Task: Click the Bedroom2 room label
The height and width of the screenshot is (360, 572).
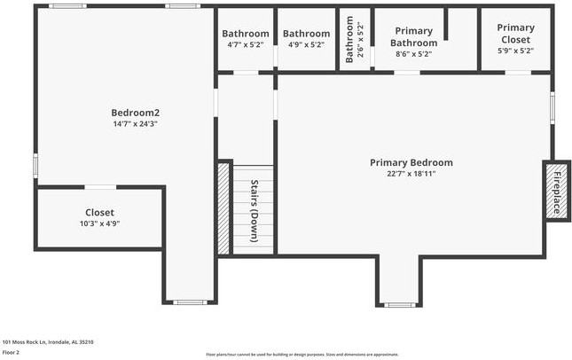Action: point(135,113)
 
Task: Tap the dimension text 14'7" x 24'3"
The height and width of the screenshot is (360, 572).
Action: point(135,124)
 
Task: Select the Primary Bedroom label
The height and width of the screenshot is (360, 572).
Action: point(411,162)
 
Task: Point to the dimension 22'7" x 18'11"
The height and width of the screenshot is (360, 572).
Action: point(411,174)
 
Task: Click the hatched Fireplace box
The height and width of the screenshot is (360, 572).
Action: point(556,190)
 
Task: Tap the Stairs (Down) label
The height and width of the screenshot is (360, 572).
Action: point(254,211)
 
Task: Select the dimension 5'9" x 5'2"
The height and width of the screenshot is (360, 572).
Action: point(515,51)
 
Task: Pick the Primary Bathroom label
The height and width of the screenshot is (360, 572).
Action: point(413,37)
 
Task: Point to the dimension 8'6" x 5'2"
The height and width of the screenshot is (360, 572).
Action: point(413,54)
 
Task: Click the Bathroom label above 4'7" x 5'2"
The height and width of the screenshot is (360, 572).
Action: point(245,34)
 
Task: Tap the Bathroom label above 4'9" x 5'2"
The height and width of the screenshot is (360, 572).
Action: point(306,34)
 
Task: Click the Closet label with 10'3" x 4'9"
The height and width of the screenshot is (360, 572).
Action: point(99,213)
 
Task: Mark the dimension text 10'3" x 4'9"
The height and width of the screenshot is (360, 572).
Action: point(99,224)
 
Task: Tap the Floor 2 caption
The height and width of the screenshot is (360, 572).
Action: point(11,352)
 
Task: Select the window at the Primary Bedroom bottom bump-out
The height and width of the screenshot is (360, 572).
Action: point(400,305)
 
